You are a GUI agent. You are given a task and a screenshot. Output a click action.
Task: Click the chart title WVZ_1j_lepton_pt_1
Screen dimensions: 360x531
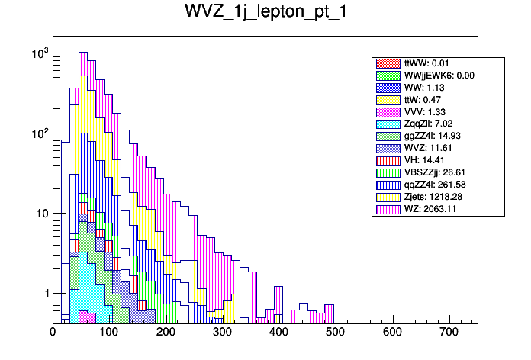pos(265,13)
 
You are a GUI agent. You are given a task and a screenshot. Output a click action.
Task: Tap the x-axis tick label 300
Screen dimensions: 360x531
pos(222,332)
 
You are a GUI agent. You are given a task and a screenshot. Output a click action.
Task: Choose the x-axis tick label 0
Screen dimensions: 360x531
pos(53,332)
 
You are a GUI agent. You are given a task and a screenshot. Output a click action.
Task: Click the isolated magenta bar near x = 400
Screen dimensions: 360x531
pos(278,301)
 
